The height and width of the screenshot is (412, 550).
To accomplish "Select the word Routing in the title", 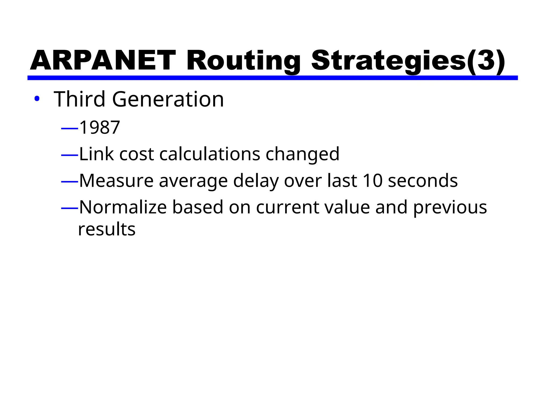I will point(243,61).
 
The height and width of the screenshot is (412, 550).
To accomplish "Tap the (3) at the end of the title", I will point(486,61).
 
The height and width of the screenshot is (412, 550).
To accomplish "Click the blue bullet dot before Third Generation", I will point(37,99).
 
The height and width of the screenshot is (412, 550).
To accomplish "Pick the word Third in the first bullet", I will point(79,99).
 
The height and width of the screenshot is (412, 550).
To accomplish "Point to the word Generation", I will point(168,99).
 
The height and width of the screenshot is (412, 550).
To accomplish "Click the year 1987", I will point(100,127).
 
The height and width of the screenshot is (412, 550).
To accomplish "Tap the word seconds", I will point(423,181).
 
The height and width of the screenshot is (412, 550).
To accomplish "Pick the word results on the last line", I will point(107,230).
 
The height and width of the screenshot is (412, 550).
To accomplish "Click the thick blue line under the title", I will point(272,78).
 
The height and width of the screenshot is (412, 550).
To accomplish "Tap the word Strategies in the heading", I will point(389,61).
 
